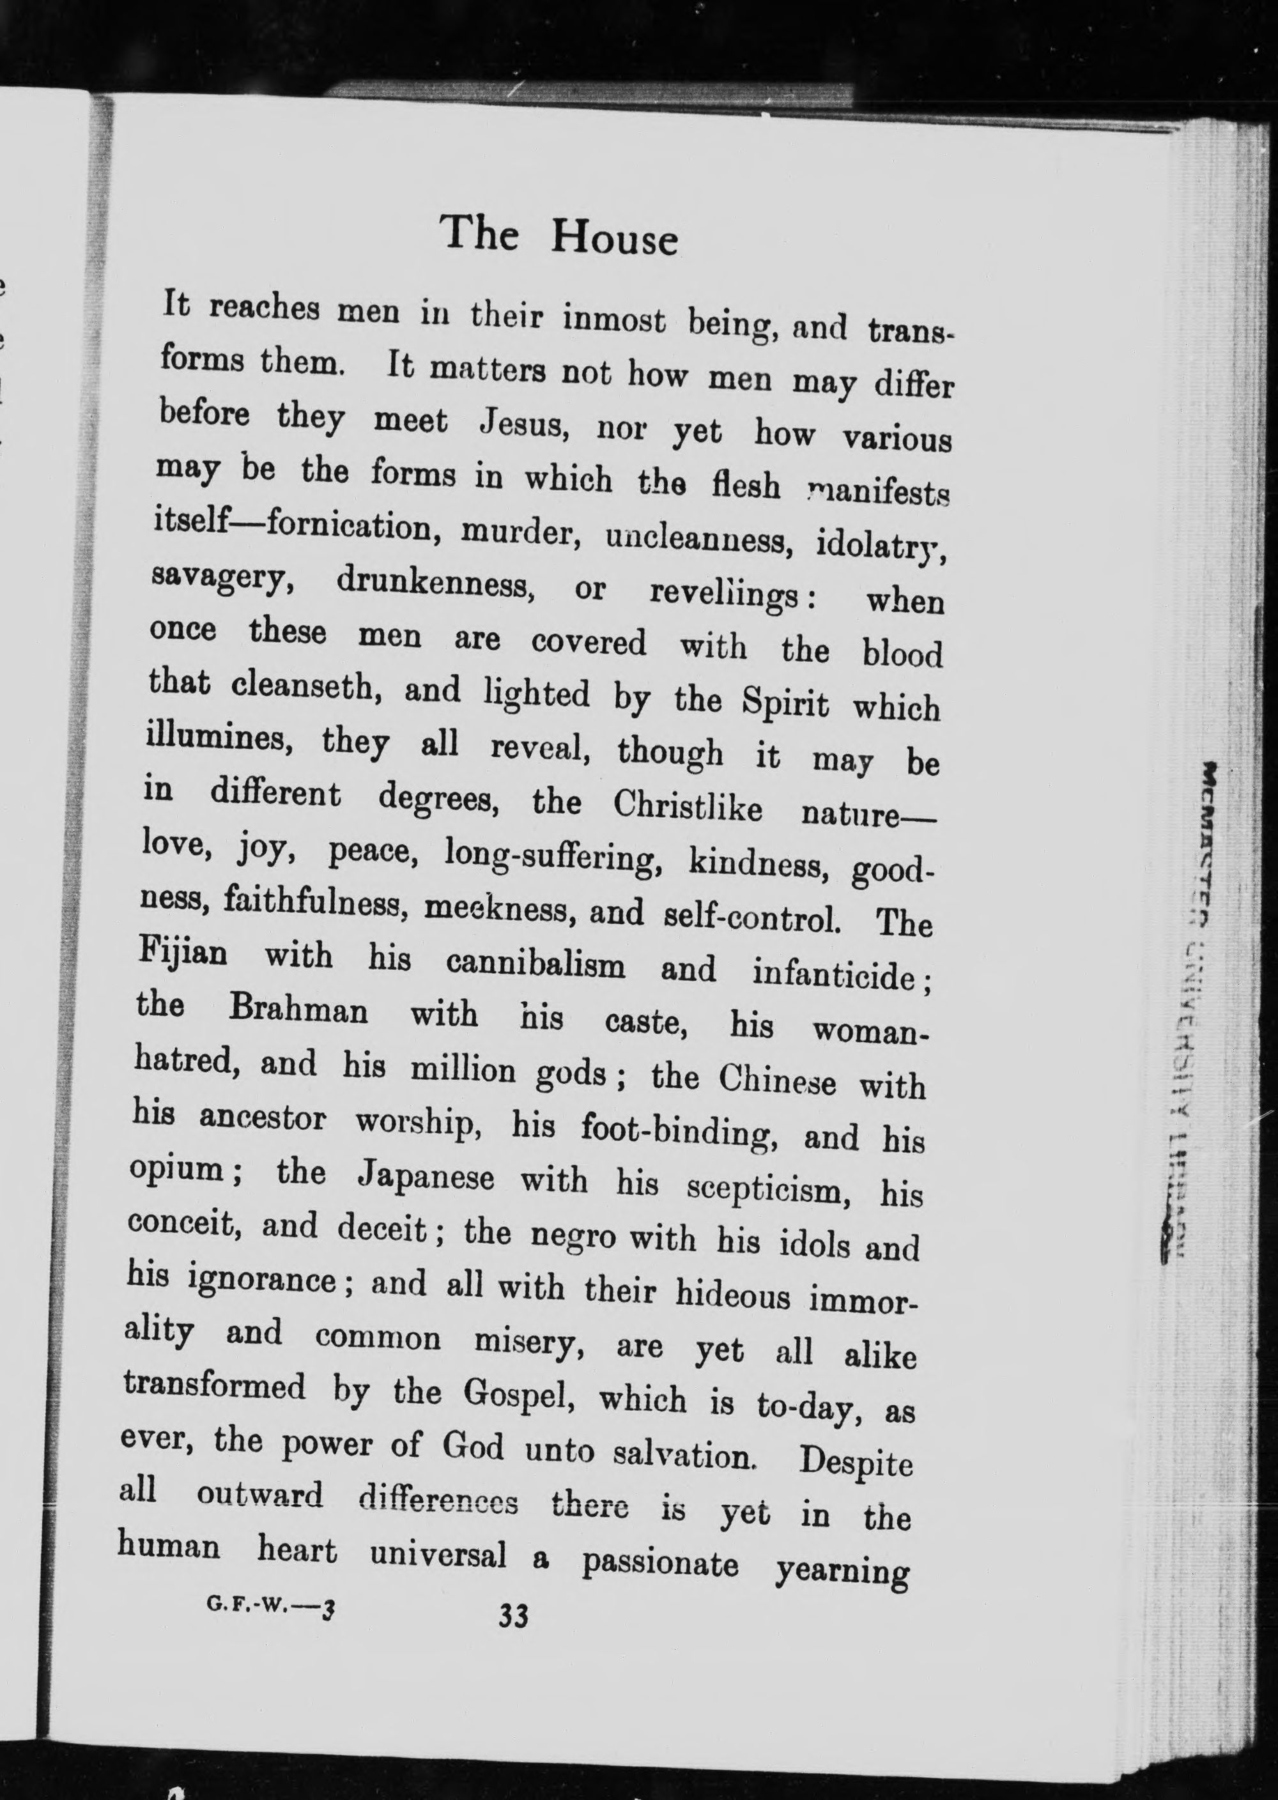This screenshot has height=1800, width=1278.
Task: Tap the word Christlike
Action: coord(687,806)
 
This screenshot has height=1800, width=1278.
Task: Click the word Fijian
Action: coord(183,953)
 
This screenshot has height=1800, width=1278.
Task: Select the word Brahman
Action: coord(298,1010)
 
